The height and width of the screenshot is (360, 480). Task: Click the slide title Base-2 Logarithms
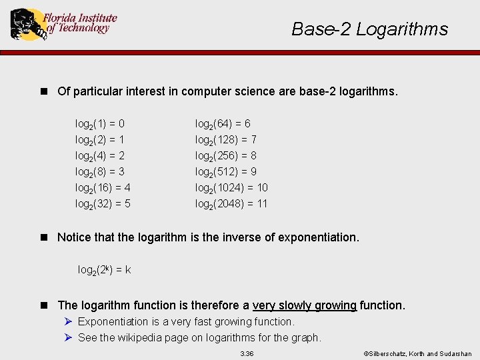coord(369,29)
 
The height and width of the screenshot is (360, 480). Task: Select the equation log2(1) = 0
coord(100,124)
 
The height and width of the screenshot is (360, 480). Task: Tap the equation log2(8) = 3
coord(100,172)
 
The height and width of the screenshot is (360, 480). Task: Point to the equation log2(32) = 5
coord(103,204)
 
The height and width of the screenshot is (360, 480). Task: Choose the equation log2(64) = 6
coord(223,124)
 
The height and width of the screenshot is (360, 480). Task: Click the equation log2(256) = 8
coord(225,156)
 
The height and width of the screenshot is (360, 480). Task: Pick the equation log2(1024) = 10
coord(231,188)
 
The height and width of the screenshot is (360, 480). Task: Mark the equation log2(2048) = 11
coord(231,204)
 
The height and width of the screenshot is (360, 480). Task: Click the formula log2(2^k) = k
coord(104,270)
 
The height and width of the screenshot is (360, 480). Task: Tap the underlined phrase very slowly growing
coord(305,305)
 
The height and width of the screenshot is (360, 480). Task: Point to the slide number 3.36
coord(247,353)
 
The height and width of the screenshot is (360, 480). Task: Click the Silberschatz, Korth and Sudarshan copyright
coord(417,353)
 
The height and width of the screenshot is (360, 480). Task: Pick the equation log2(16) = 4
coord(103,188)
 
